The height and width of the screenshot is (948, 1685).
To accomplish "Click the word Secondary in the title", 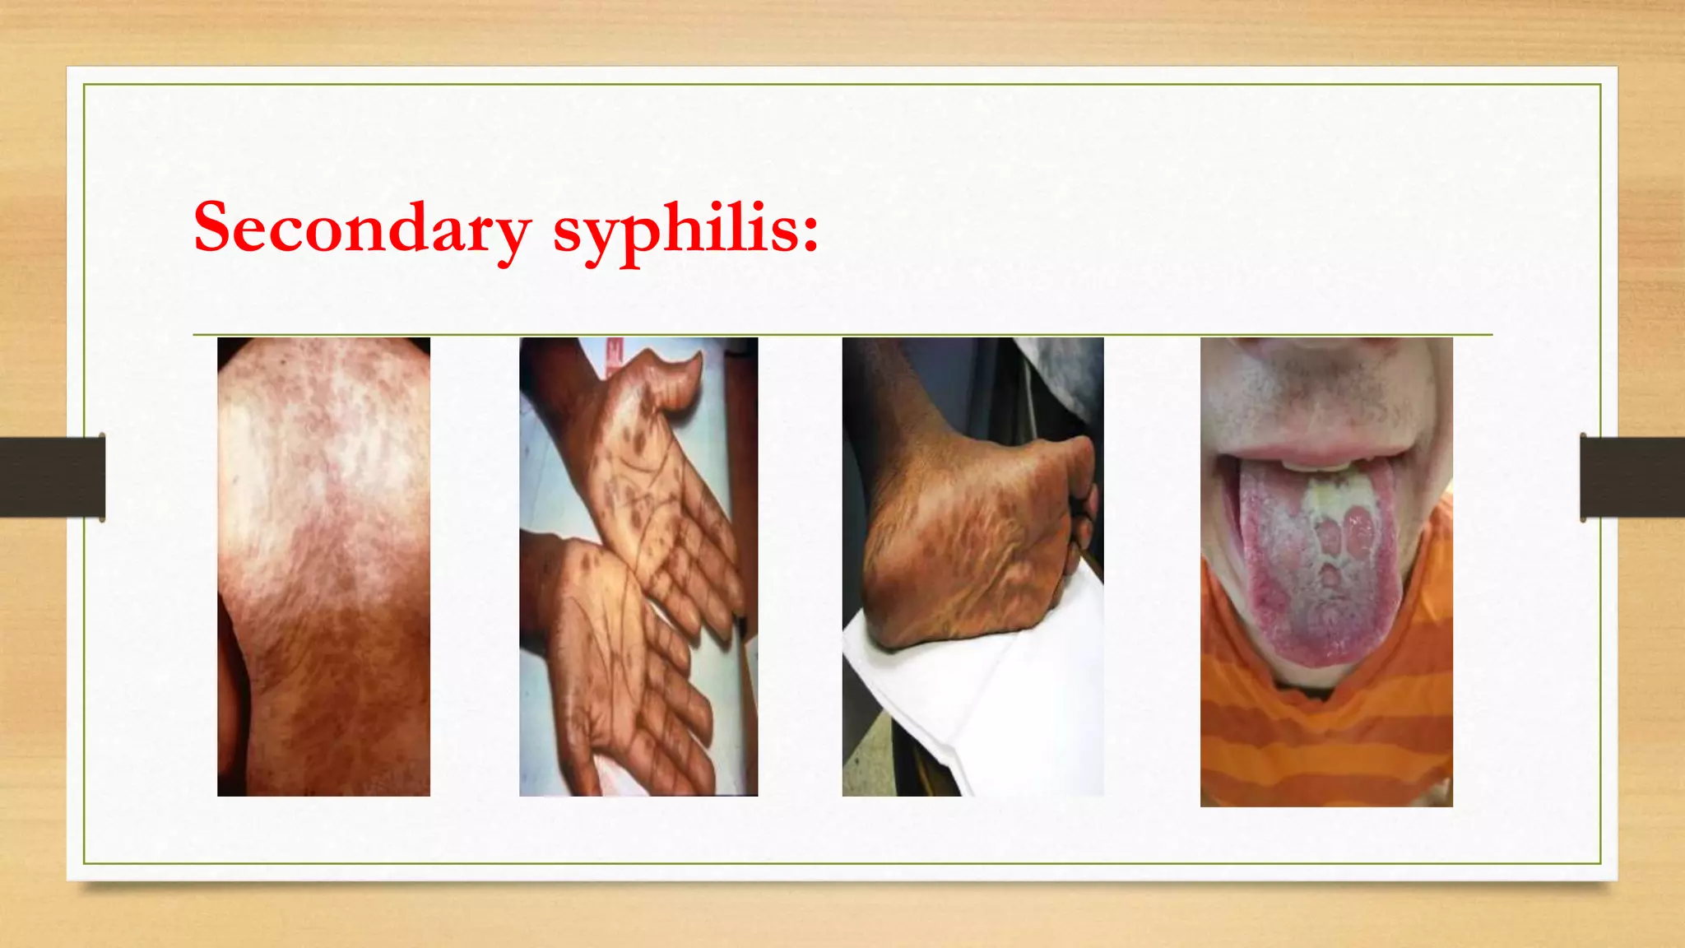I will [362, 227].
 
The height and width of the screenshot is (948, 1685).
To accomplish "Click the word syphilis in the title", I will [675, 230].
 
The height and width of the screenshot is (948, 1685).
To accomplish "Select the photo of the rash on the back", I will [323, 566].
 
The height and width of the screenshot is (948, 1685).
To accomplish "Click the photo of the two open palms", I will [638, 566].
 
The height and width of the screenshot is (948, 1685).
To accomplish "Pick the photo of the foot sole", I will [972, 566].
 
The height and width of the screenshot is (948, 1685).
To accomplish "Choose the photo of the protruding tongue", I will [1326, 571].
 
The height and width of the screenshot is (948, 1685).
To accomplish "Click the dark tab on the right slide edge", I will [1632, 476].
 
